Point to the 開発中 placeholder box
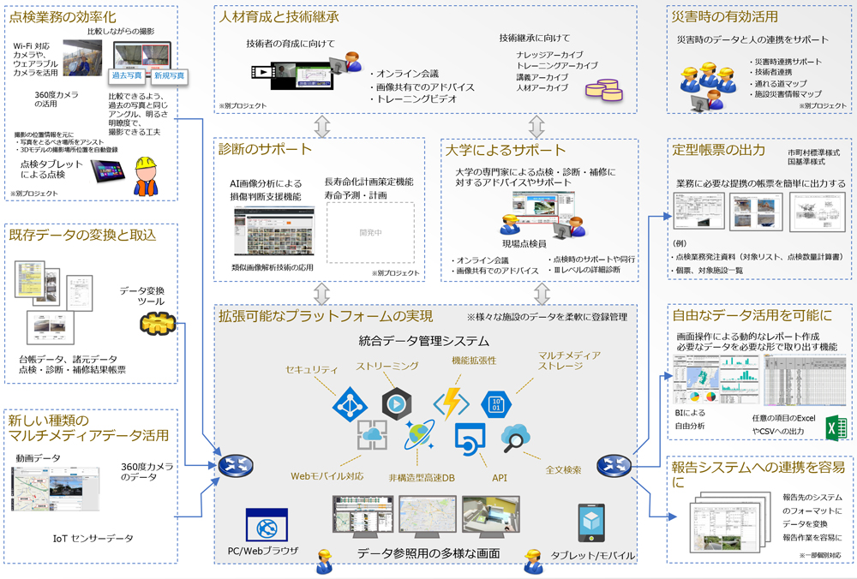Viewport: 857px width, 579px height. pyautogui.click(x=370, y=232)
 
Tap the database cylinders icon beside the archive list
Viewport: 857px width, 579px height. pyautogui.click(x=603, y=88)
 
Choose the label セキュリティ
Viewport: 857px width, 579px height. pyautogui.click(x=311, y=368)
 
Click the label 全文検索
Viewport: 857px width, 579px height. pyautogui.click(x=563, y=469)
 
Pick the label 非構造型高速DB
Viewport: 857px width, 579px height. pyautogui.click(x=421, y=477)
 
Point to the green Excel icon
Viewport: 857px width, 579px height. pyautogui.click(x=836, y=427)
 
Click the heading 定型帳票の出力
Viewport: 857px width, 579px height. pyautogui.click(x=719, y=150)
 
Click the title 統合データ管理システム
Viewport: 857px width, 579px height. pyautogui.click(x=424, y=342)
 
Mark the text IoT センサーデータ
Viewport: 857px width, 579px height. pyautogui.click(x=93, y=538)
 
